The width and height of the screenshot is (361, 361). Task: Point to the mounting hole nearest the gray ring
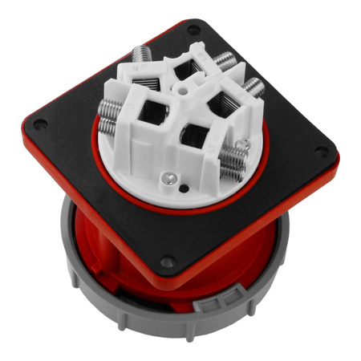pos(166,261)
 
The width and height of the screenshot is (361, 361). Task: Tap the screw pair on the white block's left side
pos(113,124)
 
